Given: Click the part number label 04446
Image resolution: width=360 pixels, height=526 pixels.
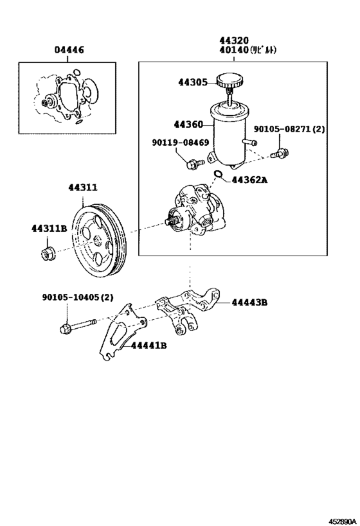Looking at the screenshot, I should point(69,49).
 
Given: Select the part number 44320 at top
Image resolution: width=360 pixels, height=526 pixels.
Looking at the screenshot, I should point(235,40).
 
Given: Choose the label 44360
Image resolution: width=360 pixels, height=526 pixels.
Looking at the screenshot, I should point(188,125).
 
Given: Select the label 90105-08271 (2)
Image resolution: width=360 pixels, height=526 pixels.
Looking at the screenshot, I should point(289,129).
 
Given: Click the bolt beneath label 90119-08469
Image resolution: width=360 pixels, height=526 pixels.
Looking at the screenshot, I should point(191,165).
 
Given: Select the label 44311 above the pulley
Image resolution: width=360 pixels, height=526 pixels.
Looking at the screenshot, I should point(83,188).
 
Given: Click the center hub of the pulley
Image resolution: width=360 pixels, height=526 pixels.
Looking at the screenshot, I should point(98,240).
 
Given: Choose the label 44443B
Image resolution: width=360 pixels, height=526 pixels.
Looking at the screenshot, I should point(249,302).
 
